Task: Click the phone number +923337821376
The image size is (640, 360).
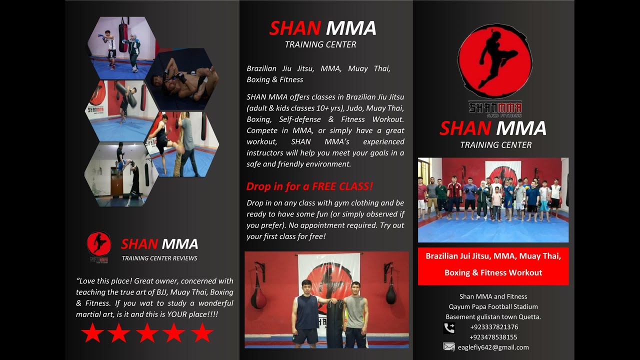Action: [494, 327]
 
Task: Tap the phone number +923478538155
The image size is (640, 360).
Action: [493, 337]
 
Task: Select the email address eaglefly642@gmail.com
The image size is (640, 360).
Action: [493, 347]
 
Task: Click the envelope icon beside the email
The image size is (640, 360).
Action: [449, 347]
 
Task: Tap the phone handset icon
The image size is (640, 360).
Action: [449, 328]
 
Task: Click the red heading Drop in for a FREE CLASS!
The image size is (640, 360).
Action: [309, 186]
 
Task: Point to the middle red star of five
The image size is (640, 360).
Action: [147, 333]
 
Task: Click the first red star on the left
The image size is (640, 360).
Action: [92, 333]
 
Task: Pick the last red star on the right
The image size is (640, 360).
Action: [202, 333]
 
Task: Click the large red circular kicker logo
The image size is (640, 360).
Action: [495, 61]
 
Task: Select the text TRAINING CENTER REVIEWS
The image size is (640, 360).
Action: [159, 258]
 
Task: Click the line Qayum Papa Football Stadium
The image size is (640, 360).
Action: [493, 307]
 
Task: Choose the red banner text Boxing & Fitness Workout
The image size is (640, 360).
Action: [493, 272]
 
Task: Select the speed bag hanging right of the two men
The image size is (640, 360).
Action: [390, 293]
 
